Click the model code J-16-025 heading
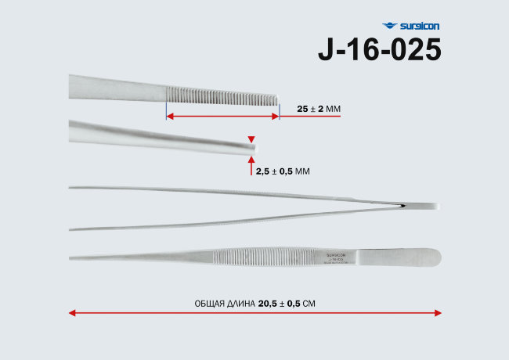click(x=379, y=49)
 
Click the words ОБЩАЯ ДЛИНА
click(x=225, y=303)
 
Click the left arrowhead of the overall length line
click(x=72, y=313)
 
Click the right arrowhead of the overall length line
click(x=437, y=313)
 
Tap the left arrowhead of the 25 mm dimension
click(x=170, y=116)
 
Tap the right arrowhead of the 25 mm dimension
click(x=276, y=116)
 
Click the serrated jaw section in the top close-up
click(x=222, y=99)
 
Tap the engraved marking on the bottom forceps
click(x=337, y=257)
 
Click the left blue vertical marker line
click(x=166, y=107)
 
